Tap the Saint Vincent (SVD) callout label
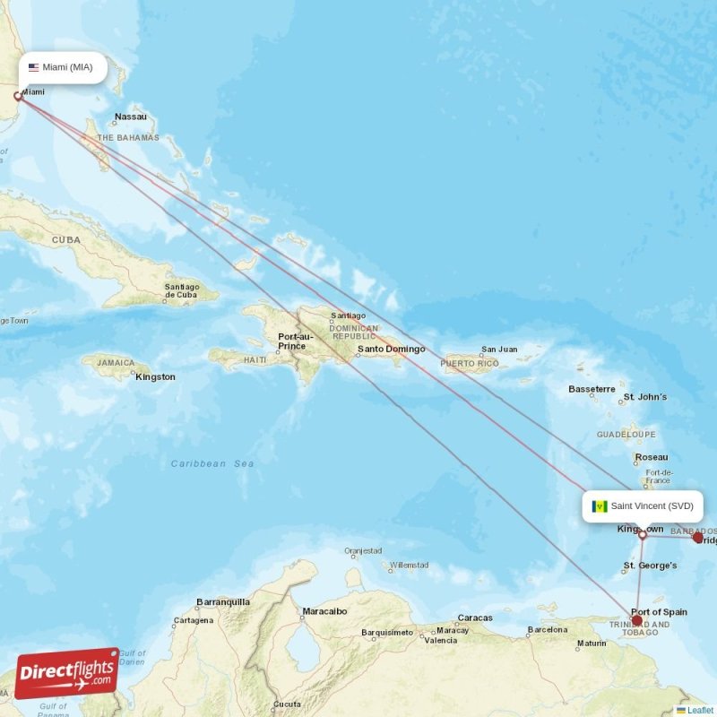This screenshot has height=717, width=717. tap(642, 505)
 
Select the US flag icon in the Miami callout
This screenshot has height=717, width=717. tap(34, 67)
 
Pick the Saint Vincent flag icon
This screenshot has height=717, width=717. tap(600, 506)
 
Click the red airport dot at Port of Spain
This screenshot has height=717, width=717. tap(636, 620)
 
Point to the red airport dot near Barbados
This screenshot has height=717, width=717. tap(698, 538)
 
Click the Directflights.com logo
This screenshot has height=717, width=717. tap(66, 673)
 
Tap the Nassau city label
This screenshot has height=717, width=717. tap(131, 117)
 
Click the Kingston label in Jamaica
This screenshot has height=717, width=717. tap(155, 377)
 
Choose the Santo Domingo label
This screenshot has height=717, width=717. tap(391, 350)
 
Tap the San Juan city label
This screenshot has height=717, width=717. tap(499, 350)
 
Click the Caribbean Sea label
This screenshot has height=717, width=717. tap(212, 463)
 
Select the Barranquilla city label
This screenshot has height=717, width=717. tap(223, 602)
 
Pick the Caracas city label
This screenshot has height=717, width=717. tap(475, 618)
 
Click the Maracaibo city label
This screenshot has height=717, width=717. tap(324, 611)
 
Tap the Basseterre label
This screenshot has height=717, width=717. tap(592, 389)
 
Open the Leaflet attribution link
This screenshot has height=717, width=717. tap(700, 710)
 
